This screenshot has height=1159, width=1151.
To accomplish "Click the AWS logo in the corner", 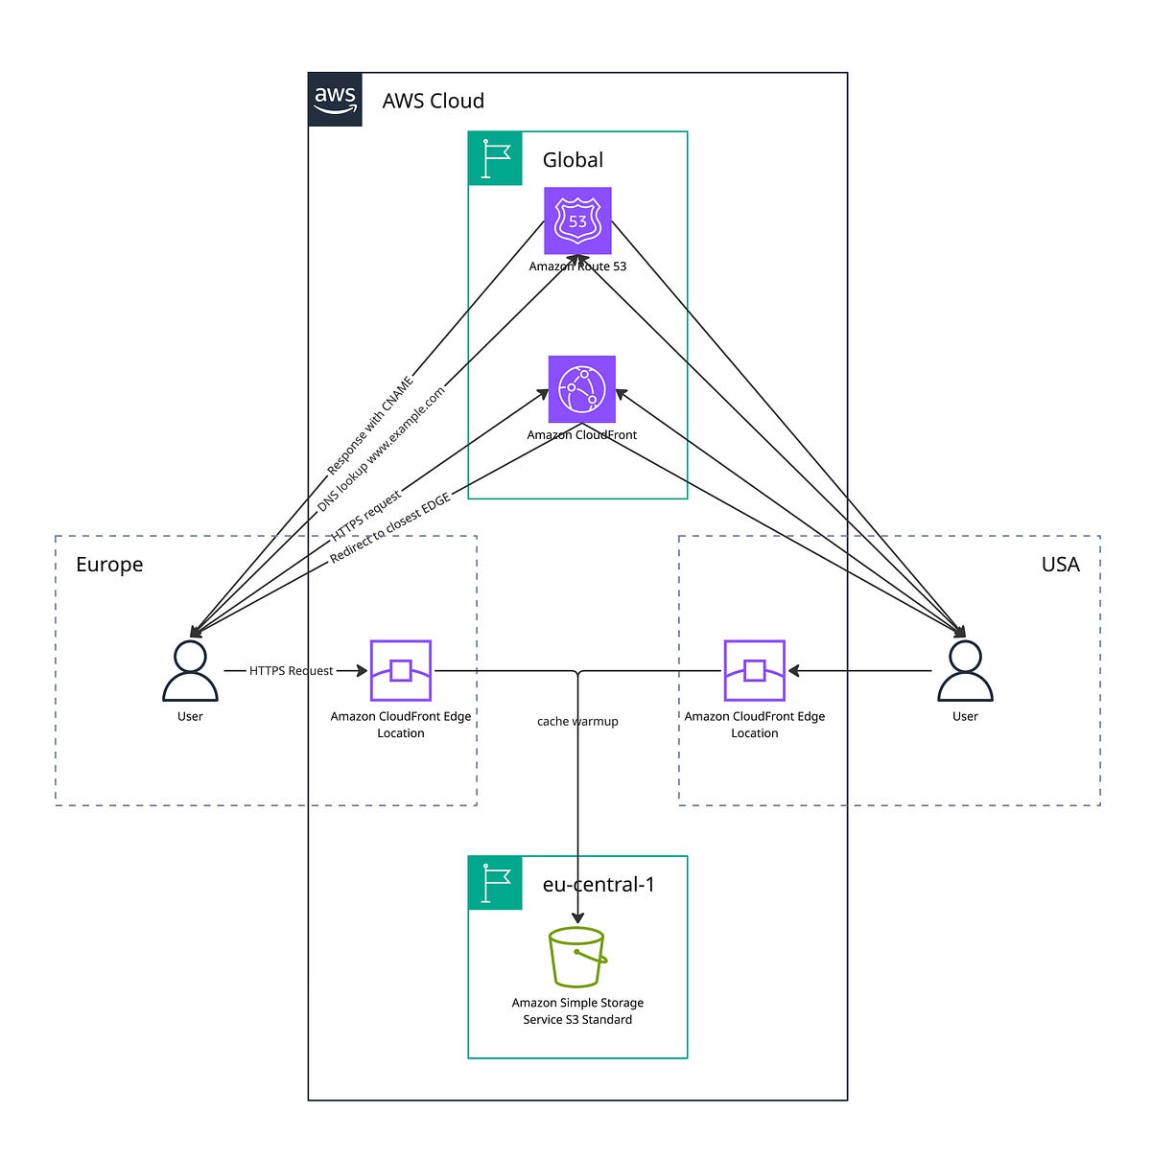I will [335, 99].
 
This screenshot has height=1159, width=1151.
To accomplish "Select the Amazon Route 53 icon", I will [577, 220].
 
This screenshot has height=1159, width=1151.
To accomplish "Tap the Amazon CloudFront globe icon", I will [581, 389].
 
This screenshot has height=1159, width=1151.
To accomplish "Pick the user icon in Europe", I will [190, 671].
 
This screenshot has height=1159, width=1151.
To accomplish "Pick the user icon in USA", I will [965, 671].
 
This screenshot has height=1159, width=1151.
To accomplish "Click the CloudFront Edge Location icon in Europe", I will [401, 671].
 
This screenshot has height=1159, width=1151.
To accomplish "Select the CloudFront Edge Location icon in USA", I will [755, 671].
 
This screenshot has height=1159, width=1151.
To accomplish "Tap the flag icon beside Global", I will [495, 158].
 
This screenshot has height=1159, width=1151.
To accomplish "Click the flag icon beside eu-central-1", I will [495, 883].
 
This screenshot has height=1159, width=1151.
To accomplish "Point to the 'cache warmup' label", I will [577, 721].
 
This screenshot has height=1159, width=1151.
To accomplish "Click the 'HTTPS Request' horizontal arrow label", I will [292, 671].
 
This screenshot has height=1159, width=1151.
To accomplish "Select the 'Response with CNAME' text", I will [369, 427].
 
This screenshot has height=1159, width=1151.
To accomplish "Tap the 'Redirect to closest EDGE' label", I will [390, 529].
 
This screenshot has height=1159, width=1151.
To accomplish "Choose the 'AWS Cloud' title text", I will [433, 101].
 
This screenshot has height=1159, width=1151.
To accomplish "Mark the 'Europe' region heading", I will [109, 565].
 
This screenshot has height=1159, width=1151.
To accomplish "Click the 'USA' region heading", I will [1060, 565].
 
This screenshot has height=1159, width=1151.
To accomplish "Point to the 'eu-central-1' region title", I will [599, 884].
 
